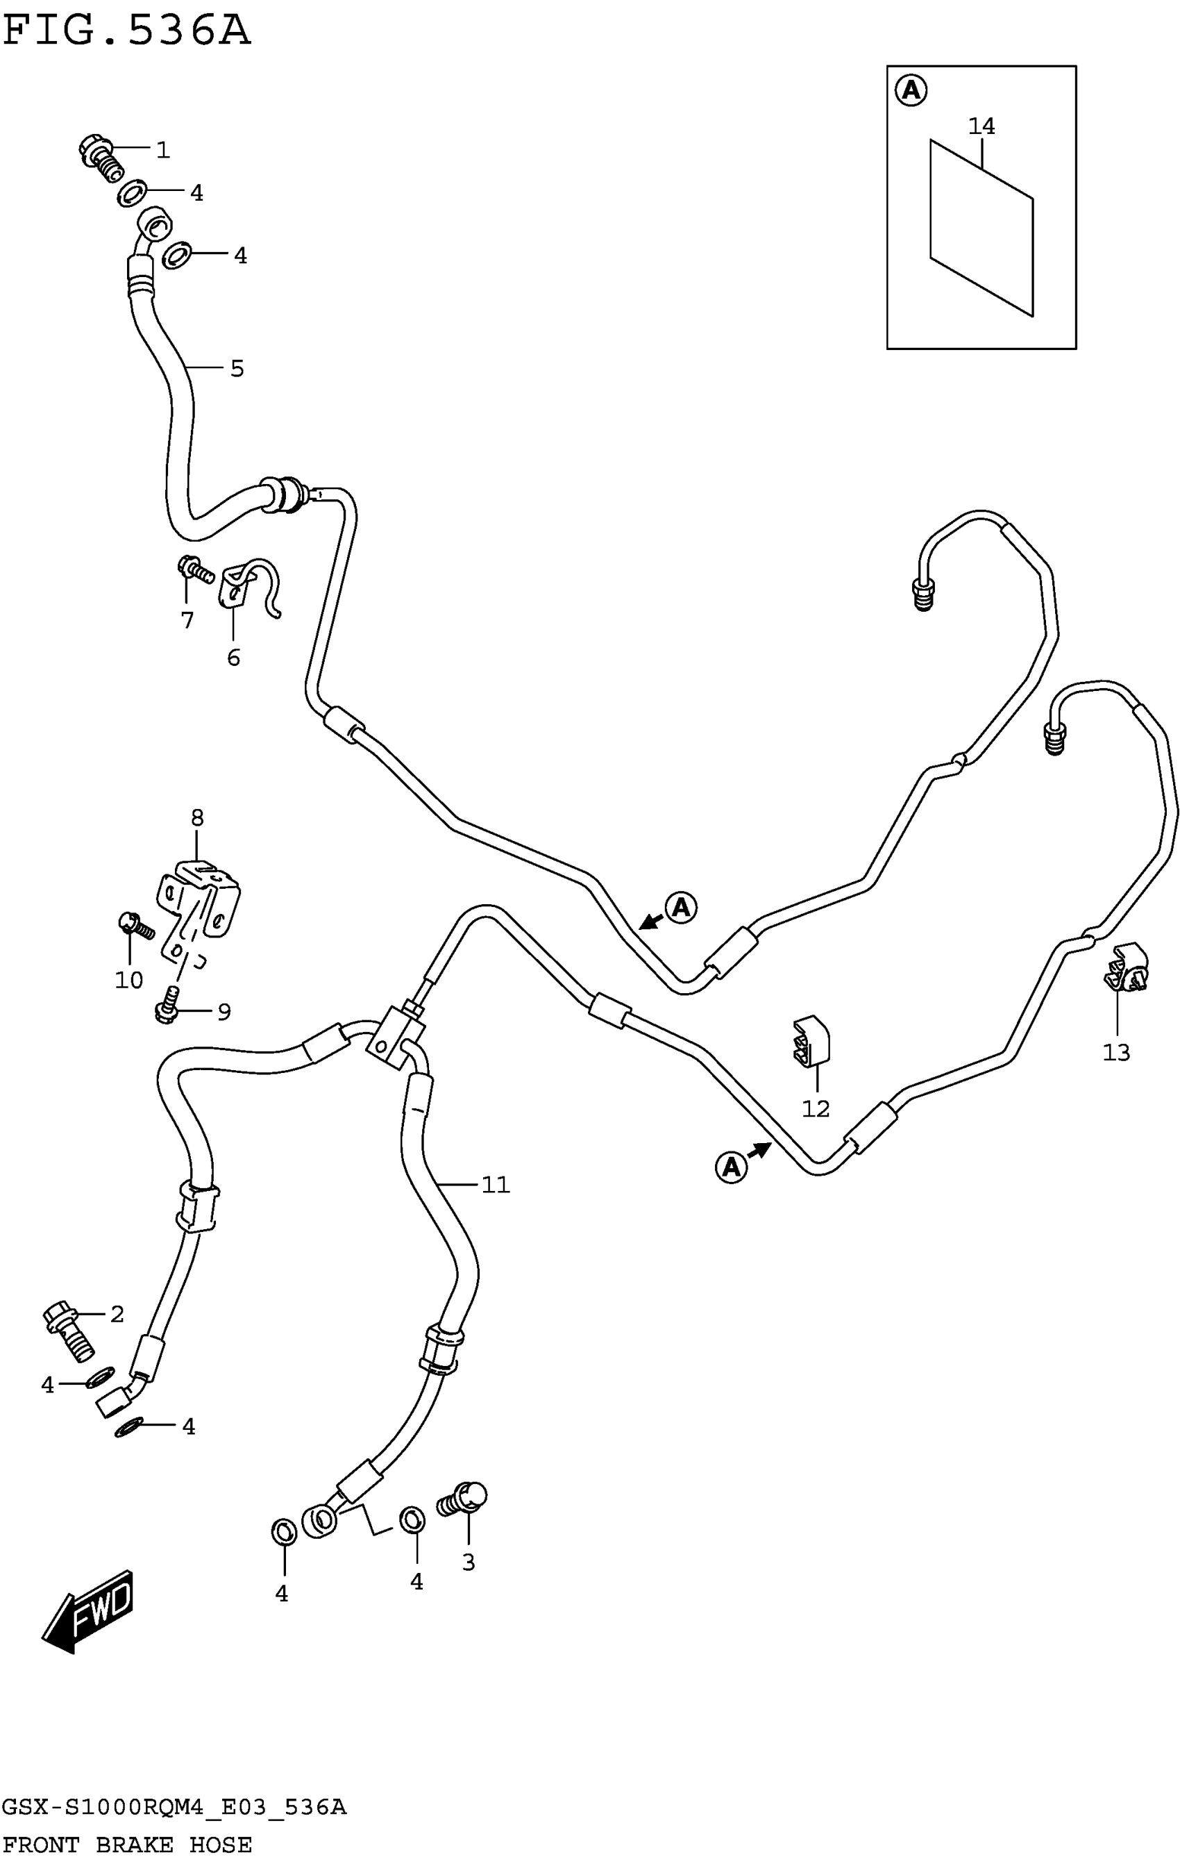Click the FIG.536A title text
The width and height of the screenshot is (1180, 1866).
coord(126,31)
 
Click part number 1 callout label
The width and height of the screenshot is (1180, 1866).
coord(162,149)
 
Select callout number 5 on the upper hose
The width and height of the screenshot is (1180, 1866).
coord(237,369)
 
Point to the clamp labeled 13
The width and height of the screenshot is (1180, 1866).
coord(1126,968)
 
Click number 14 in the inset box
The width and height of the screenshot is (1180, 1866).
coord(981,126)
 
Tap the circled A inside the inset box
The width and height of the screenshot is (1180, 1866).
coord(911,91)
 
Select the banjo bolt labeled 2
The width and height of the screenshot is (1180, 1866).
coord(68,1331)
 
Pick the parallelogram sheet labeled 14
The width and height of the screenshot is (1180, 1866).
coord(981,228)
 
